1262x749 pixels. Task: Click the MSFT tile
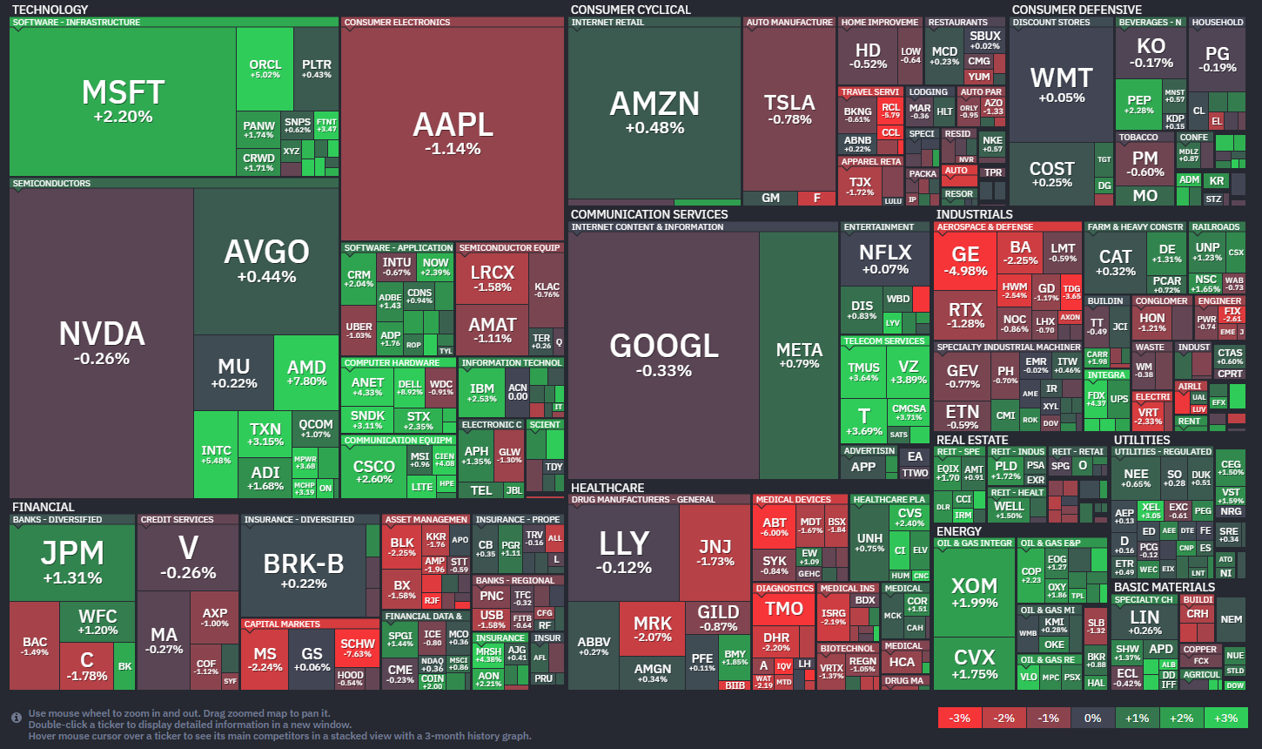point(123,100)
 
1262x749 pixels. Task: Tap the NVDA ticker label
point(101,334)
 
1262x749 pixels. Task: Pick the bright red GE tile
point(965,260)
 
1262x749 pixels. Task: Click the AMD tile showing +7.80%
point(306,373)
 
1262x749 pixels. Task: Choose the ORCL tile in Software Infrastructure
point(265,69)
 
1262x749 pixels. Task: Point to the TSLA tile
point(789,109)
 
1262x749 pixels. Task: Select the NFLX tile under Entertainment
point(884,258)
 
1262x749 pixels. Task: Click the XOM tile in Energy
point(974,591)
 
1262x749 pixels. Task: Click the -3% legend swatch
point(960,718)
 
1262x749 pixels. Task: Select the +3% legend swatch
point(1225,718)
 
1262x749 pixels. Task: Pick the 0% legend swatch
point(1092,718)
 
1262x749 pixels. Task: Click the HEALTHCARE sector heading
point(608,488)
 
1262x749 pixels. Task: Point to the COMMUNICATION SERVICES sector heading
point(649,214)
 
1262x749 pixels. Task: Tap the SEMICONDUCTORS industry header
point(51,184)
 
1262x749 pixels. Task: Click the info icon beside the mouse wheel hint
point(17,718)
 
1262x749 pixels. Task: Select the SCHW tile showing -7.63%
point(358,648)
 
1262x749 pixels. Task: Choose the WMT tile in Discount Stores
point(1061,84)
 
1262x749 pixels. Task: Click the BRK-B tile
point(303,570)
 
